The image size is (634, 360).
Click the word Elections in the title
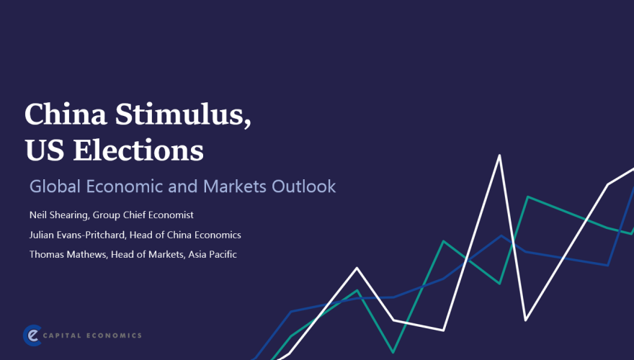[x=138, y=150]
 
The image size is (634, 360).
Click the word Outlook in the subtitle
[x=303, y=186]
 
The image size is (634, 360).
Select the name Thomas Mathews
[x=67, y=254]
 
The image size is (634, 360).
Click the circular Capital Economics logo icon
[x=32, y=335]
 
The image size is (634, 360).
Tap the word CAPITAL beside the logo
[x=66, y=336]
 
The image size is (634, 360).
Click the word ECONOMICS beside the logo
[x=115, y=336]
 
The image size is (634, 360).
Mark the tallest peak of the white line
[x=499, y=155]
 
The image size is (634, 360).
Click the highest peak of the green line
[x=529, y=196]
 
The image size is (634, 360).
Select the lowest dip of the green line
[x=393, y=352]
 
